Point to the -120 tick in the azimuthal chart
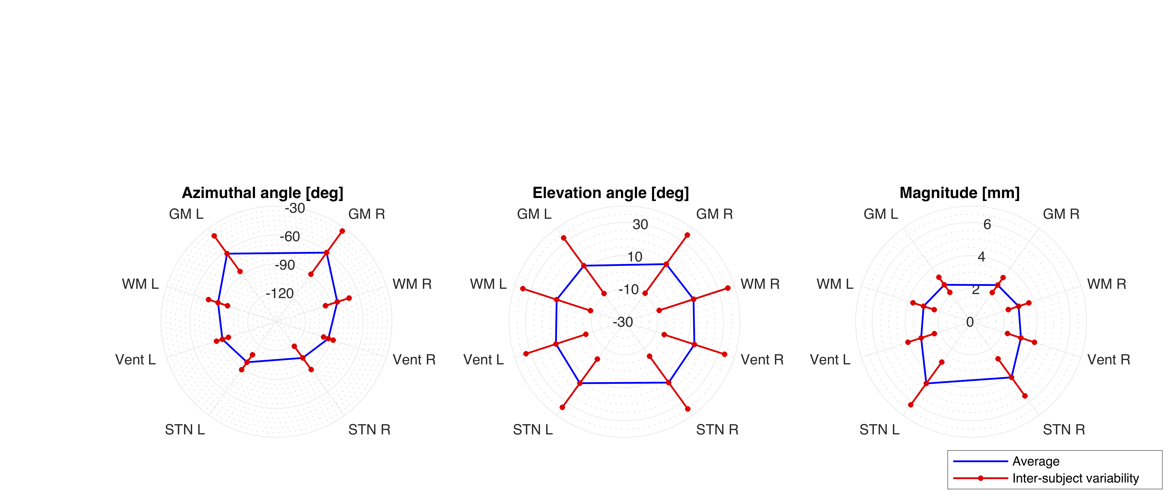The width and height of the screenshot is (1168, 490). [280, 294]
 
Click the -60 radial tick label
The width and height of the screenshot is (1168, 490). [290, 237]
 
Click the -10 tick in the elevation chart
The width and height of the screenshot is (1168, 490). [628, 289]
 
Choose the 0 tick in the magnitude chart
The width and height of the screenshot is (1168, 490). [970, 322]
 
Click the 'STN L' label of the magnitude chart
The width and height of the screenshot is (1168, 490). [879, 430]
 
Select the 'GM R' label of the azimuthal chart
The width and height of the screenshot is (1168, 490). [366, 214]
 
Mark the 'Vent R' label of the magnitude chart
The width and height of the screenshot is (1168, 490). [1109, 360]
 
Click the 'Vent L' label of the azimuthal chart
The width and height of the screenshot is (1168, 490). [135, 360]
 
